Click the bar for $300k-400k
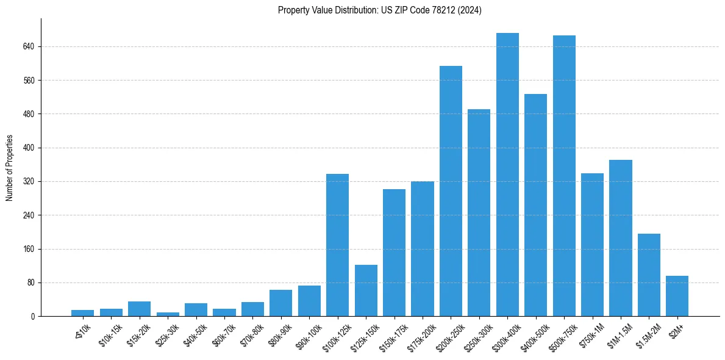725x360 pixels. click(507, 175)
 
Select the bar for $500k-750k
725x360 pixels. click(564, 176)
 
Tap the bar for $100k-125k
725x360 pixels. click(337, 245)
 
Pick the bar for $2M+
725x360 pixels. click(677, 296)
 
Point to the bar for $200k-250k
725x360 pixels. click(451, 191)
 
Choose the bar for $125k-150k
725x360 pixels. click(366, 290)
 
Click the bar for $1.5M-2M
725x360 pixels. click(649, 275)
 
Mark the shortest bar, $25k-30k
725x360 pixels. click(168, 314)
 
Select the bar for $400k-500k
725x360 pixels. click(535, 205)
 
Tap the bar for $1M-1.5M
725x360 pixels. click(620, 238)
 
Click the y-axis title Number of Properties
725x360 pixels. click(9, 168)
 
